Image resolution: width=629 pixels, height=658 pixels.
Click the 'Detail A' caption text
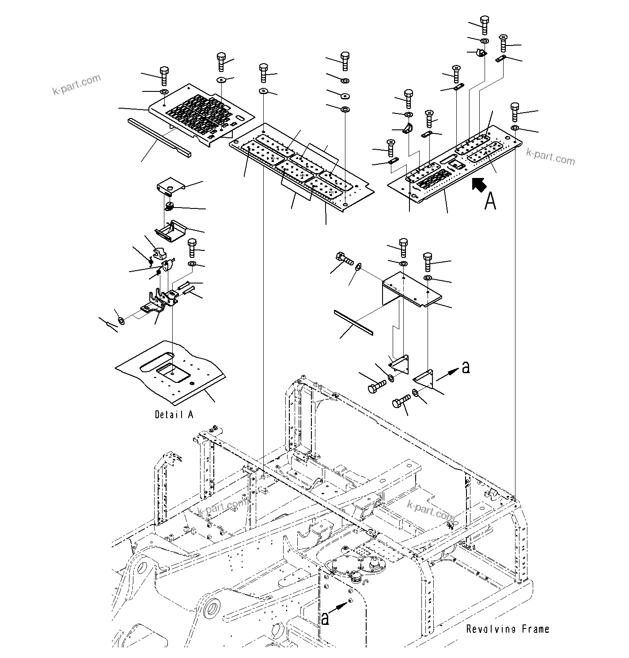(174, 415)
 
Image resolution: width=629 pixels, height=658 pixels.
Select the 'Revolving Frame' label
(508, 629)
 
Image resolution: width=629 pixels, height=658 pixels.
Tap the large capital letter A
(490, 201)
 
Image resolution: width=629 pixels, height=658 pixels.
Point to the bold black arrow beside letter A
(478, 185)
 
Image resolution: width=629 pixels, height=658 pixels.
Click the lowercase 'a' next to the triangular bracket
(465, 367)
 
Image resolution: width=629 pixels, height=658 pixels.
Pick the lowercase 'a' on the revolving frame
(325, 619)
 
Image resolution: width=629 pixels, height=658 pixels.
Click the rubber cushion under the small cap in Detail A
(168, 206)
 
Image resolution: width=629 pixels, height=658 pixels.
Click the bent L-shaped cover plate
(411, 289)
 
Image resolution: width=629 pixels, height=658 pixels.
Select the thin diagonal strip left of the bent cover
(353, 322)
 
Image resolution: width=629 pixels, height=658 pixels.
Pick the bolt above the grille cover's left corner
(163, 77)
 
